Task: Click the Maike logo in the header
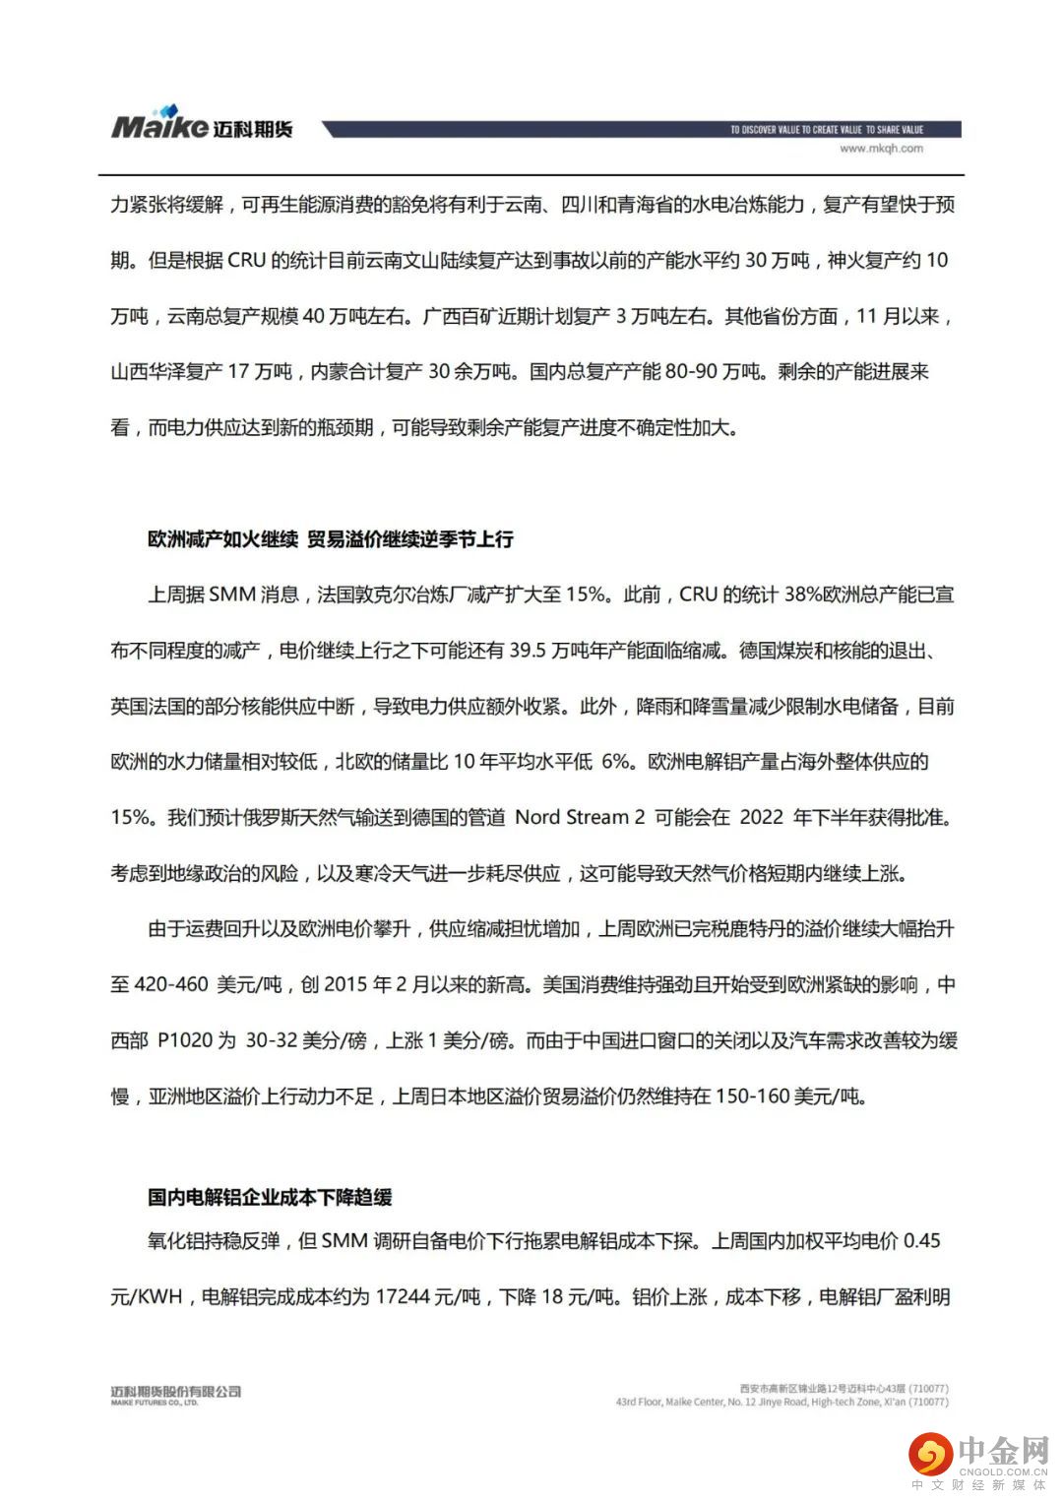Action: coord(201,125)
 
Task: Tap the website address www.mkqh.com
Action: coord(881,149)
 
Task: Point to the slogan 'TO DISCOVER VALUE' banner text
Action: coord(826,129)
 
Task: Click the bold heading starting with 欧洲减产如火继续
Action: coord(331,539)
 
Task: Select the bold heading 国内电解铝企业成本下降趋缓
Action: coord(270,1197)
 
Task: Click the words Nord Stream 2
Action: coord(581,817)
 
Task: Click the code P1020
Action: coord(184,1040)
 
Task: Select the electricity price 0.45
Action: coord(921,1240)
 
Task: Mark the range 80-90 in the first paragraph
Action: coord(691,372)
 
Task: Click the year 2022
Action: coord(761,817)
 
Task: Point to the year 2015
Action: coord(345,984)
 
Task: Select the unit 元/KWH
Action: coord(147,1296)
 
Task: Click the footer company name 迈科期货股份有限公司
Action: coord(176,1391)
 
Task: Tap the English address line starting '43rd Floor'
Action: coord(782,1402)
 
